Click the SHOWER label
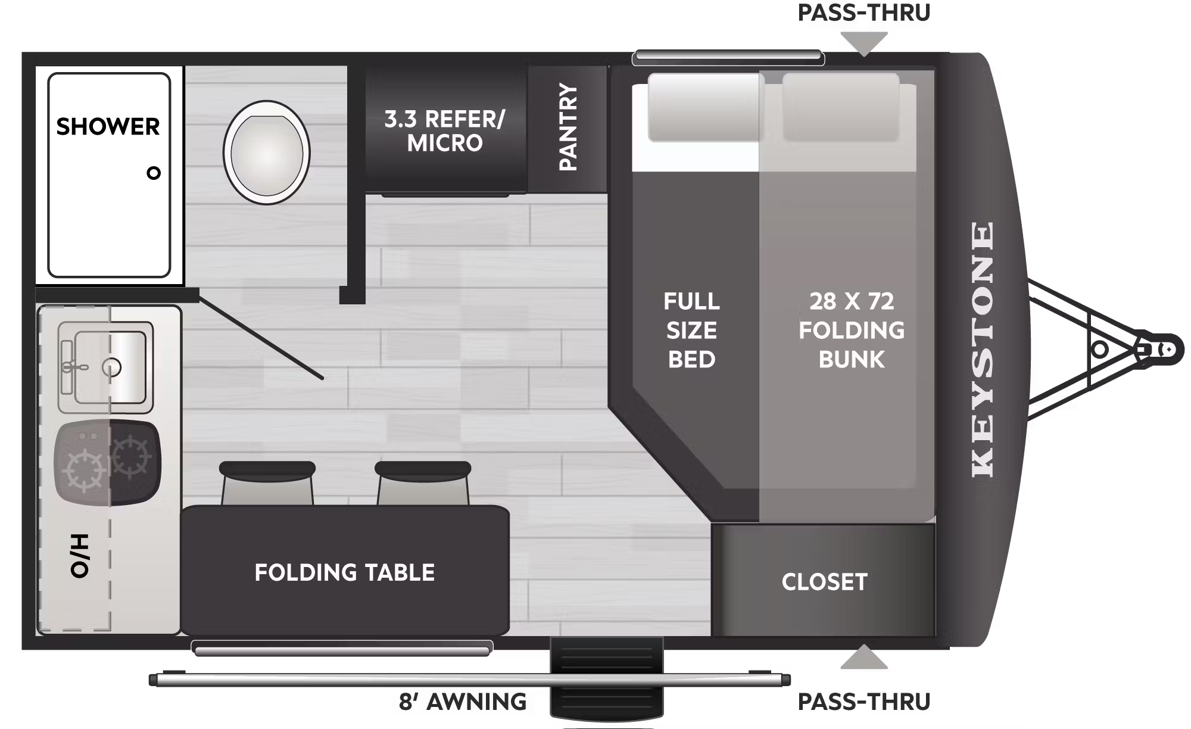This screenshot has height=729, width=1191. (108, 127)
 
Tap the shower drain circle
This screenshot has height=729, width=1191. (154, 173)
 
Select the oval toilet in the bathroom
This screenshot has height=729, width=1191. (267, 153)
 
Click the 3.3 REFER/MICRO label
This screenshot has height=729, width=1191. (445, 131)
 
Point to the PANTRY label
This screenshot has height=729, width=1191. (568, 127)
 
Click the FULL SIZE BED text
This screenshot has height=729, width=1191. (691, 331)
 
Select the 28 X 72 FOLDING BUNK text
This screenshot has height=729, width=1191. (852, 331)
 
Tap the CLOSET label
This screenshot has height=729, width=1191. (824, 582)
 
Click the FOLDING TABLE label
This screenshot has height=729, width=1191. (344, 572)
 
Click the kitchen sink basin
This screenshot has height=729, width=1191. (110, 367)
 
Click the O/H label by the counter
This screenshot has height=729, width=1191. (80, 555)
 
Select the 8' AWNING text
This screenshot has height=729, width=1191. (462, 702)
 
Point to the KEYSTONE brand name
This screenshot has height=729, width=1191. (983, 349)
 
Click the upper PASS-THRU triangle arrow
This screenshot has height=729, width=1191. (863, 43)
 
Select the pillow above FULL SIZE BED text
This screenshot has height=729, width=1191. (705, 108)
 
